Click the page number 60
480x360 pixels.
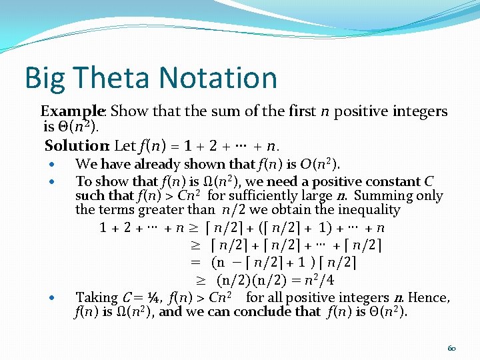click(451, 347)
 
